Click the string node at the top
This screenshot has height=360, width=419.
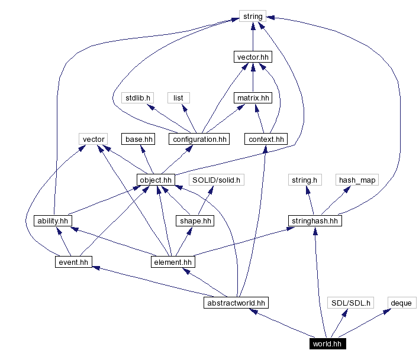coord(253,16)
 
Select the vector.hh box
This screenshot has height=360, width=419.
coord(253,57)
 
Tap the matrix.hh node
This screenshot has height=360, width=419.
coord(253,98)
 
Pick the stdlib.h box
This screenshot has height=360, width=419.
coord(137,98)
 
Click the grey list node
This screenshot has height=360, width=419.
coord(178,98)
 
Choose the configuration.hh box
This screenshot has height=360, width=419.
coord(199,139)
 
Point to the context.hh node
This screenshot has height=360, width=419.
coord(265,139)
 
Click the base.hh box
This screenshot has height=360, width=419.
coord(138,139)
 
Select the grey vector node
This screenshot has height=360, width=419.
coord(94,139)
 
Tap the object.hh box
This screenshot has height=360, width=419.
coord(156,180)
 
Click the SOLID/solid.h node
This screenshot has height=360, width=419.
coord(217,180)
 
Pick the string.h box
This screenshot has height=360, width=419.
coord(305,180)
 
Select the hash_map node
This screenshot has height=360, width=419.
coord(357,180)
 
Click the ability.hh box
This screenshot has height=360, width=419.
coord(53,220)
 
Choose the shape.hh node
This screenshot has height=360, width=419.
coord(195,220)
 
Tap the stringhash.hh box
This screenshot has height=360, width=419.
coord(315,220)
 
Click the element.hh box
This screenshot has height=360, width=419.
coord(172,261)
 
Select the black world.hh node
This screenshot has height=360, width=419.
coord(327,343)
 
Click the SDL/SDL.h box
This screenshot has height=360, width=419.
coord(350,303)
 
